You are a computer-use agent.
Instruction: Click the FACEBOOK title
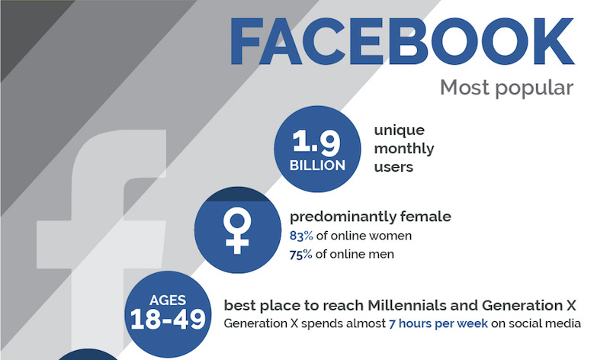click(403, 42)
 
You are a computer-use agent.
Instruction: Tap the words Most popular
click(506, 88)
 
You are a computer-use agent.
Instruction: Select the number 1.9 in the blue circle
click(316, 142)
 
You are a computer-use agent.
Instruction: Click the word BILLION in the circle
click(317, 166)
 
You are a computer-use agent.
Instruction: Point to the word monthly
click(404, 149)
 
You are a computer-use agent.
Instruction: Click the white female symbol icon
click(236, 230)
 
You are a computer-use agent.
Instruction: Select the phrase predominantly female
click(371, 217)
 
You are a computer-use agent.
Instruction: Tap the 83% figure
click(301, 236)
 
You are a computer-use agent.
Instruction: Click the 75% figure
click(300, 255)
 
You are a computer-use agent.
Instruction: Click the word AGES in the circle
click(168, 300)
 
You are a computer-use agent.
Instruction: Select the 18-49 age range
click(168, 320)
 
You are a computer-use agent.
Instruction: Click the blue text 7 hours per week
click(438, 324)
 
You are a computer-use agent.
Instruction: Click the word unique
click(399, 130)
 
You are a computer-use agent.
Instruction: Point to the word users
click(393, 167)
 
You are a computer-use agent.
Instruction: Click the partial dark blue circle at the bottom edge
click(88, 355)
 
